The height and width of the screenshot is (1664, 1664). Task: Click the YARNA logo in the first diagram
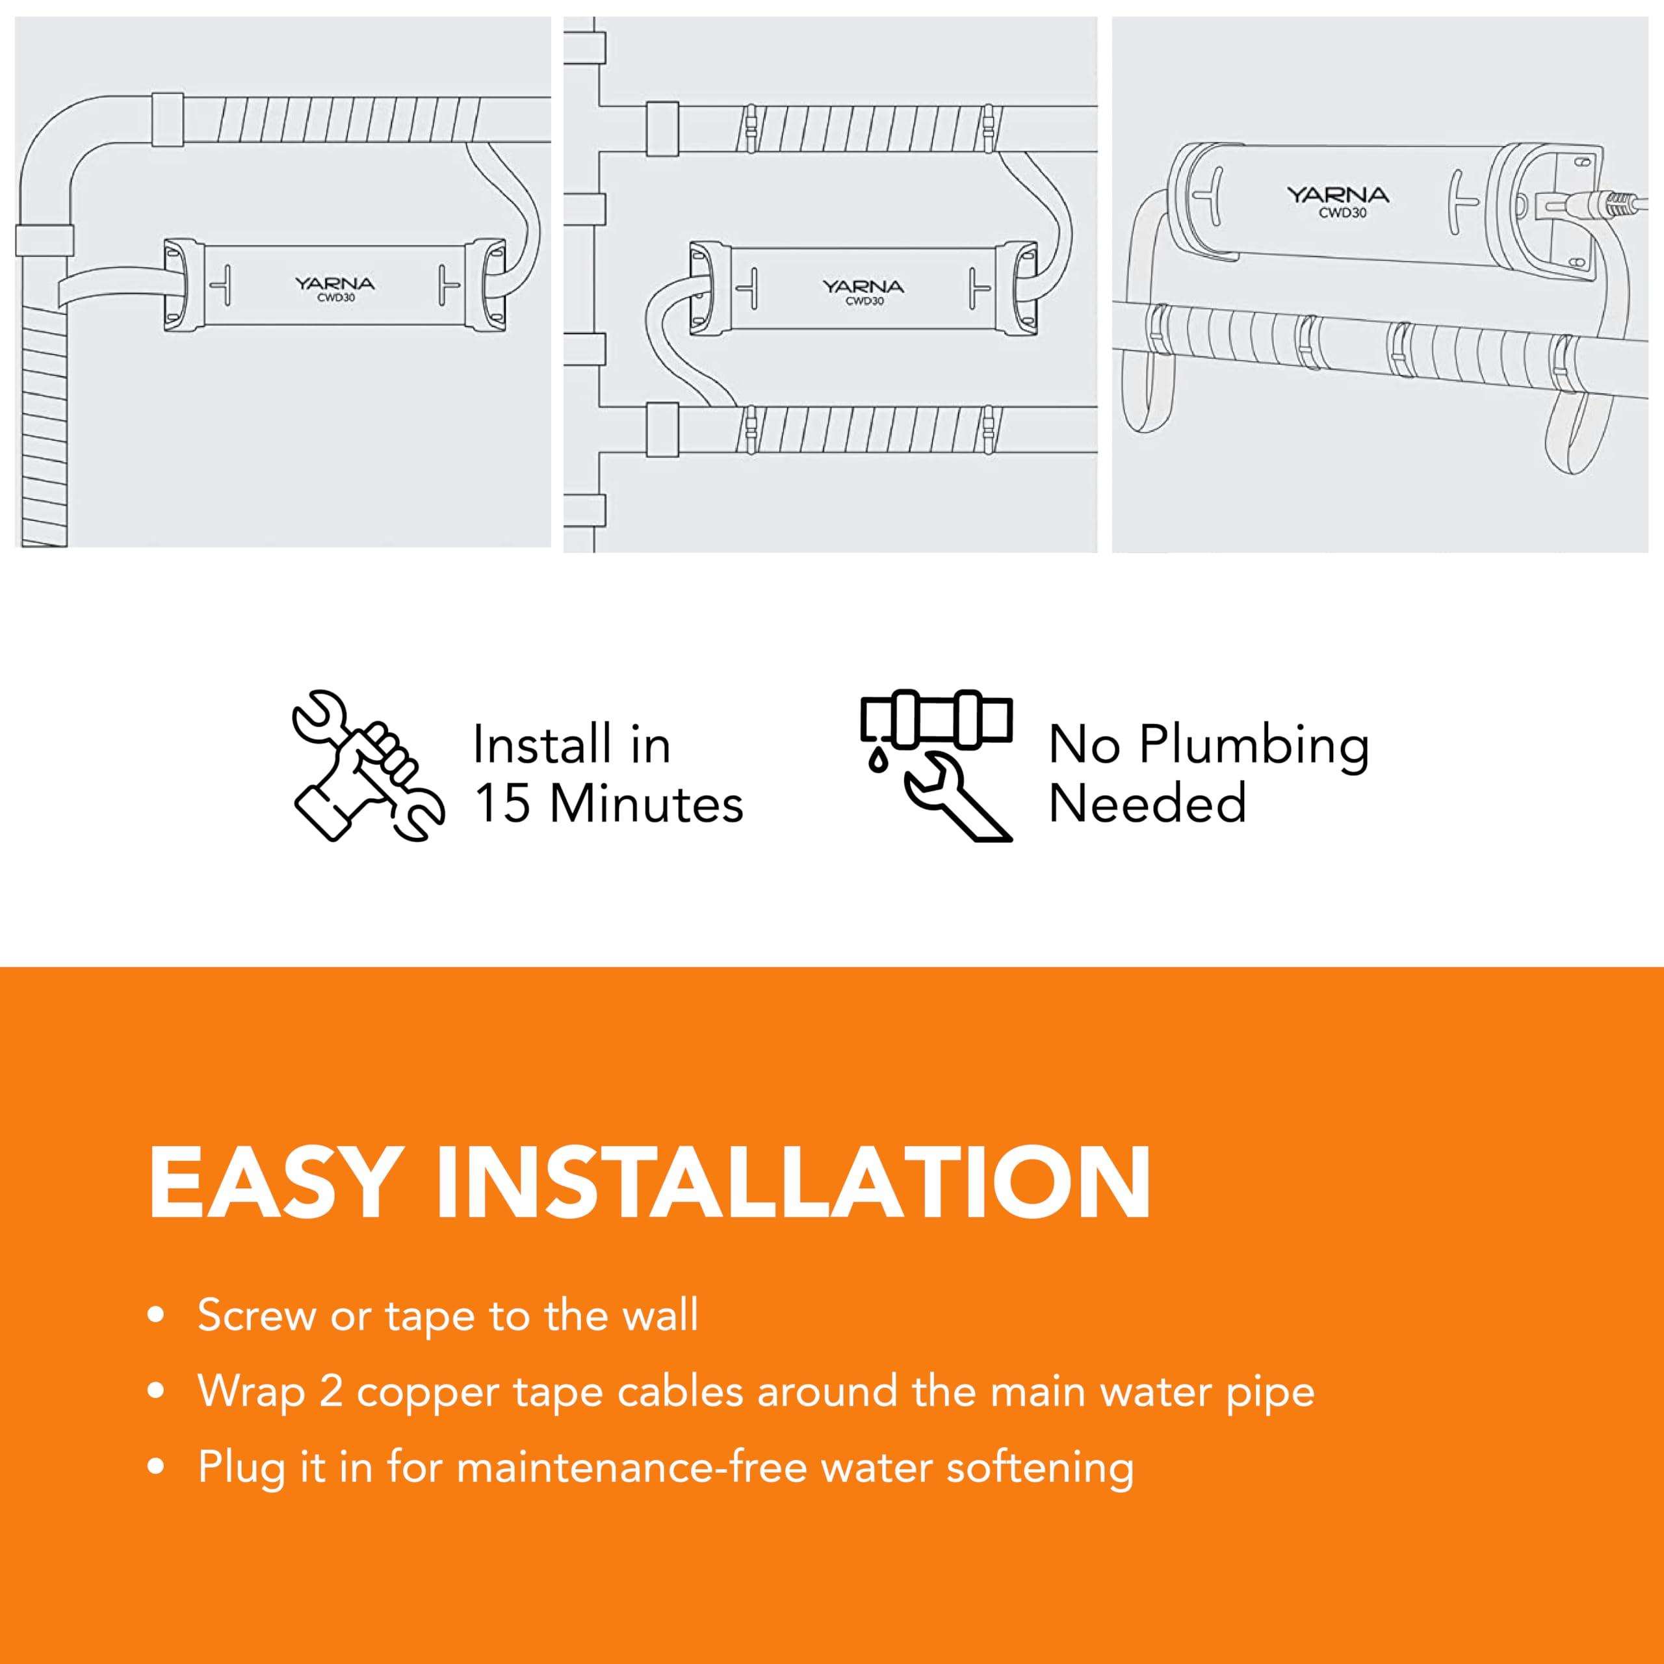[334, 283]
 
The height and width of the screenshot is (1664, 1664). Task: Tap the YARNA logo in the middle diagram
[862, 286]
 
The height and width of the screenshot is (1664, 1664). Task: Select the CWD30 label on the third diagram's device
[1342, 213]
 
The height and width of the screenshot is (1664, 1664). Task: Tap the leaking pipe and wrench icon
[936, 765]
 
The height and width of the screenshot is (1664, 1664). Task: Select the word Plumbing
[1254, 746]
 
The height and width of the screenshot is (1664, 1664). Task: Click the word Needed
[1147, 803]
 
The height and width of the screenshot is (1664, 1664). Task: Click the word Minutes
[646, 803]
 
